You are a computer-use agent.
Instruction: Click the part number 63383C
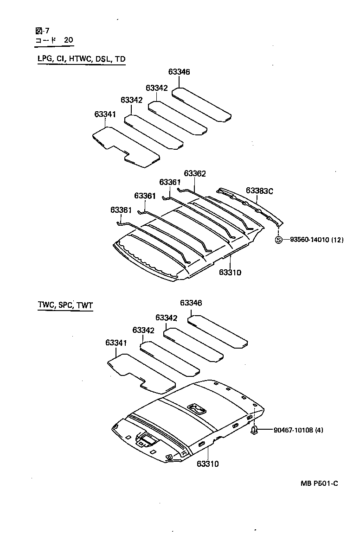point(259,191)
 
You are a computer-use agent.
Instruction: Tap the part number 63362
point(195,173)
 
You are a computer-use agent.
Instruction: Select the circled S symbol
point(279,240)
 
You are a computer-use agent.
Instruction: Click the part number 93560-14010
point(309,240)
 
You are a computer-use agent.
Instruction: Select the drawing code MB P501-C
point(319,483)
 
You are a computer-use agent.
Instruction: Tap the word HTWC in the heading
point(81,59)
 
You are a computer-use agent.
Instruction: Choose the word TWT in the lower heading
point(84,305)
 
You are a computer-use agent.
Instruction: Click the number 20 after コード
point(68,40)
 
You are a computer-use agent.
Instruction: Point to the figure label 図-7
point(42,31)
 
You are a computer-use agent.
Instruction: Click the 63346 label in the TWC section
point(191,303)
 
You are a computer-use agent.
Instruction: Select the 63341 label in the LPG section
point(105,114)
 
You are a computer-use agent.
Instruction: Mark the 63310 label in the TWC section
point(207,464)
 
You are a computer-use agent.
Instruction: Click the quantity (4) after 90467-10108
point(319,430)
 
